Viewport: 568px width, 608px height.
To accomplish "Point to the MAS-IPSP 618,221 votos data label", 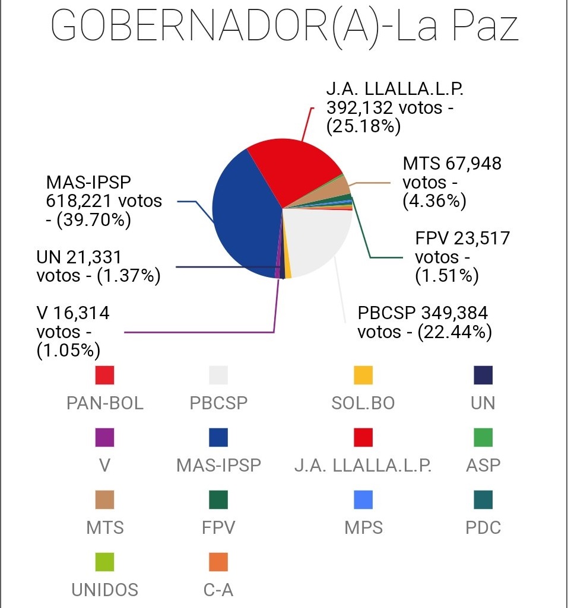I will [104, 201].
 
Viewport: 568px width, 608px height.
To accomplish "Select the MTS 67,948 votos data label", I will [452, 182].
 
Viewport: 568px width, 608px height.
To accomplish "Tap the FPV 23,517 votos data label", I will [462, 257].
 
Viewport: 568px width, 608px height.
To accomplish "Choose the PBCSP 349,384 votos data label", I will [424, 322].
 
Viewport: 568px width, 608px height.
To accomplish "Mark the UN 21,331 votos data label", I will [98, 266].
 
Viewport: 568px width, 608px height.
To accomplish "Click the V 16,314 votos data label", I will [72, 332].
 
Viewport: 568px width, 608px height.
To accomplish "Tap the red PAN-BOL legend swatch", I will [105, 375].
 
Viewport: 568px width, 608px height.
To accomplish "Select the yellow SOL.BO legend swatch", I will [363, 375].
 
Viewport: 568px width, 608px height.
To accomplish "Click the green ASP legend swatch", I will [483, 438].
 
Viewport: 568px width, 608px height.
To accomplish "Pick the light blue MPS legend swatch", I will [363, 500].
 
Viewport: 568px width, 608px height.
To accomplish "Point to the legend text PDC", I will [483, 527].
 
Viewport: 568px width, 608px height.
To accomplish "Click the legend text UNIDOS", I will [105, 590].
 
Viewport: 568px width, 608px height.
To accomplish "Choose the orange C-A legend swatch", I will [218, 562].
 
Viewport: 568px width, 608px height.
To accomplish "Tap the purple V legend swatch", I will [105, 438].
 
